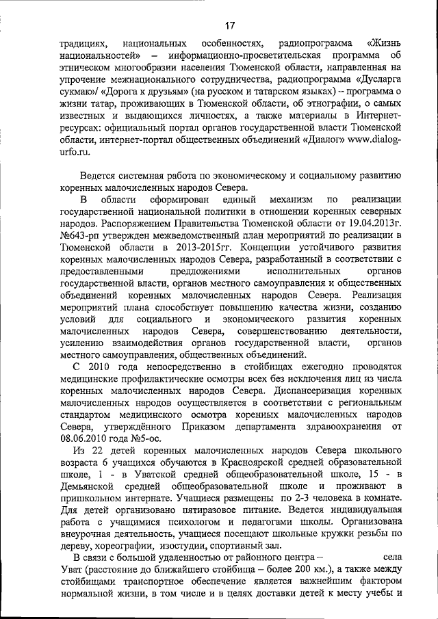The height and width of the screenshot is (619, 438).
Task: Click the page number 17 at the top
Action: click(x=229, y=26)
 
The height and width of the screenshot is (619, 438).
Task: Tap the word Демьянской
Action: click(x=88, y=485)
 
